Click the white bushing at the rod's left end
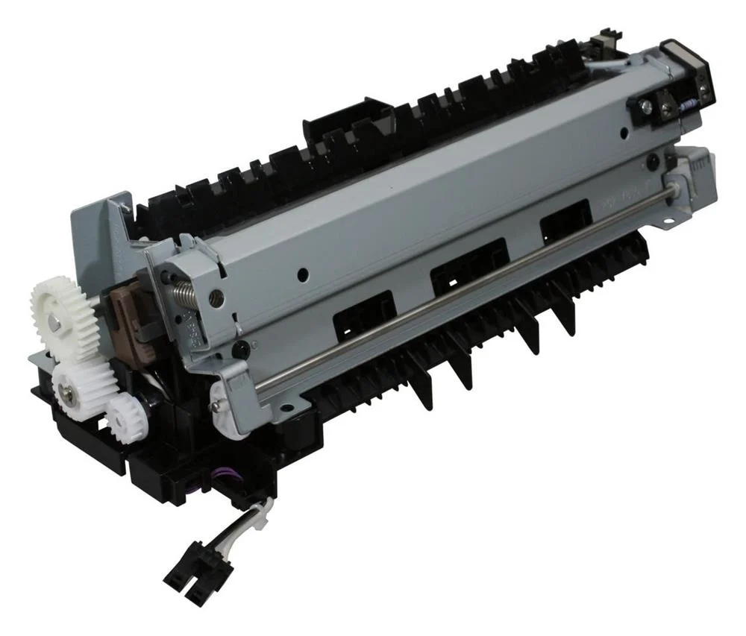[225, 403]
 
